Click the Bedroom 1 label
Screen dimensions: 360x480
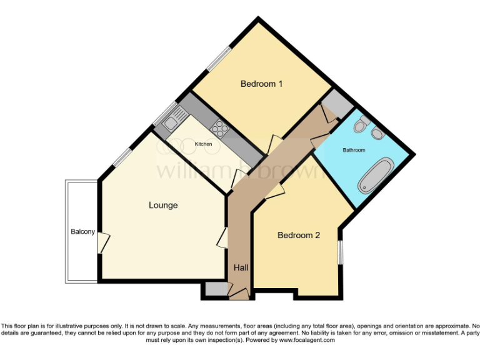(x=262, y=84)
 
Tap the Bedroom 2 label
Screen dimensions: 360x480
(x=299, y=236)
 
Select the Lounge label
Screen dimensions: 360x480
(x=163, y=205)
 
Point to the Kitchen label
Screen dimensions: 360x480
(x=203, y=144)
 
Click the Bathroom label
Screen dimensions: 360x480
(x=354, y=151)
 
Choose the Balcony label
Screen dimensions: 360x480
(x=82, y=232)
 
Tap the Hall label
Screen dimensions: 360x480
(x=241, y=267)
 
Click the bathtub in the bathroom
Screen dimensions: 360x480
(x=375, y=175)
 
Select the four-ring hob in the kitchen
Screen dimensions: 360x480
(x=219, y=129)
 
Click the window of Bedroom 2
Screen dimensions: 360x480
(x=341, y=252)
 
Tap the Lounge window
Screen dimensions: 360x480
(x=122, y=157)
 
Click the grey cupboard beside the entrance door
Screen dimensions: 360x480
(x=216, y=289)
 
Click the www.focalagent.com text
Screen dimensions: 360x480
(x=307, y=341)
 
